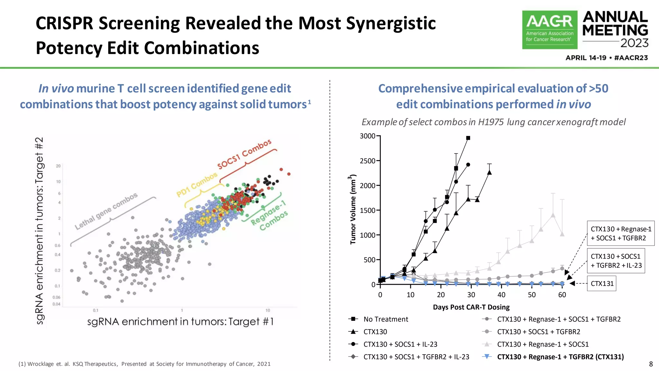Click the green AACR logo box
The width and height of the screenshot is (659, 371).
tap(549, 30)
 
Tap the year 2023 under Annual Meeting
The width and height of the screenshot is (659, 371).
tap(634, 43)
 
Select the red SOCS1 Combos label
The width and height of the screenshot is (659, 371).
tap(245, 154)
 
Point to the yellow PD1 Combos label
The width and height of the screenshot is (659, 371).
tap(197, 185)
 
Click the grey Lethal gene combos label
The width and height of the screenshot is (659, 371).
tap(106, 211)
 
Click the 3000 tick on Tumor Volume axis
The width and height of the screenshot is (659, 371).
tap(367, 136)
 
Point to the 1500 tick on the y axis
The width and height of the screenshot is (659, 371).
tap(367, 210)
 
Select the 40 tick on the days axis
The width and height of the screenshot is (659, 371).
tap(501, 295)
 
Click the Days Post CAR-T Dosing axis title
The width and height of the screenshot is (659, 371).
tap(471, 307)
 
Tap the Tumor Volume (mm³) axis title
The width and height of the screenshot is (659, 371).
tap(353, 209)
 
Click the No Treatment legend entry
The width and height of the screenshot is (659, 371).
tap(385, 319)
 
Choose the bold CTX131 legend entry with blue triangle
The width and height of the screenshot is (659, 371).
tap(560, 357)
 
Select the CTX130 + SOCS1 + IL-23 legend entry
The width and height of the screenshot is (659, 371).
tap(400, 344)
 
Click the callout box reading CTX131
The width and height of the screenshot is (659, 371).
tap(601, 283)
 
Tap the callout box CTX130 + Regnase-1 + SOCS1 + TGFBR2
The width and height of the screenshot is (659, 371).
tap(620, 233)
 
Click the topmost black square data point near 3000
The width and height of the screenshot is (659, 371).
tap(468, 138)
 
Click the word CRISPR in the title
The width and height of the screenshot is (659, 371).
tap(64, 24)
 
